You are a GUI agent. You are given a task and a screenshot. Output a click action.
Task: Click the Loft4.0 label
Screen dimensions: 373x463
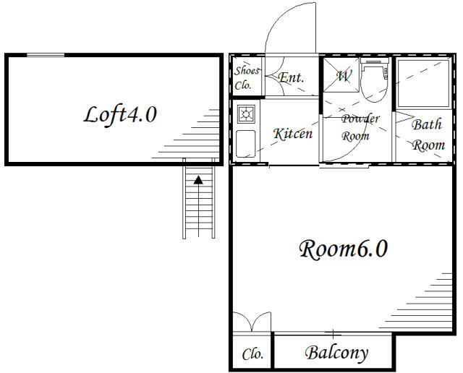pyautogui.click(x=119, y=114)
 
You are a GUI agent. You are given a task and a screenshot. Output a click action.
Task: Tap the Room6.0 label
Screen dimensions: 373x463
pyautogui.click(x=343, y=249)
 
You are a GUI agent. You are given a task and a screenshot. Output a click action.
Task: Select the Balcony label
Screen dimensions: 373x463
pyautogui.click(x=336, y=353)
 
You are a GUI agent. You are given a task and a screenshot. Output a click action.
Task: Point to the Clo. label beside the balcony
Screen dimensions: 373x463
pyautogui.click(x=252, y=354)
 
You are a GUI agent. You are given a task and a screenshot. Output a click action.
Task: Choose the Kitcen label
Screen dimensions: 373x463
pyautogui.click(x=292, y=134)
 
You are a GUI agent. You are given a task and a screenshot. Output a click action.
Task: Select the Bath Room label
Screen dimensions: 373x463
pyautogui.click(x=427, y=134)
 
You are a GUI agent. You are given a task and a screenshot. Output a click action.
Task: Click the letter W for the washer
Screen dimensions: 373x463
pyautogui.click(x=343, y=74)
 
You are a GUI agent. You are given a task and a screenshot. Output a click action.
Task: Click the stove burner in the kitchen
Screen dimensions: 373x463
pyautogui.click(x=247, y=113)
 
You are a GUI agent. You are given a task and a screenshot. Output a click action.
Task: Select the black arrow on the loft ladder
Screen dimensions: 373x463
pyautogui.click(x=198, y=181)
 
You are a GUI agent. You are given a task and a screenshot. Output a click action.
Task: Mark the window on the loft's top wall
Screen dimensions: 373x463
pyautogui.click(x=45, y=55)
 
